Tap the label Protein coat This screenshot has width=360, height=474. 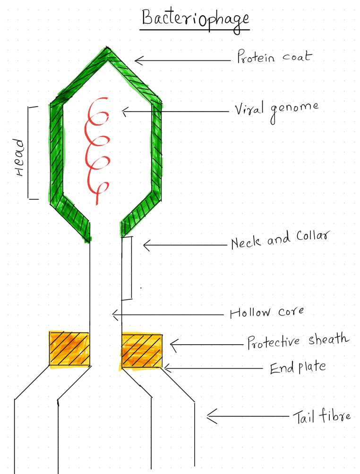click(274, 56)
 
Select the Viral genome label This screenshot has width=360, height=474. click(276, 110)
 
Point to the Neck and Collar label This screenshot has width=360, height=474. click(280, 240)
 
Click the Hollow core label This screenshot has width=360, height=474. click(267, 312)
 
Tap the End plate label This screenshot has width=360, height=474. click(298, 367)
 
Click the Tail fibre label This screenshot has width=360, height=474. click(322, 416)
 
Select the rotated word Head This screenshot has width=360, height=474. click(19, 157)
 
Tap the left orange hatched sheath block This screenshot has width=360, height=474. click(69, 349)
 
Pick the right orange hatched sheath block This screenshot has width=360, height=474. click(142, 351)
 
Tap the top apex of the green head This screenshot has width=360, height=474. click(107, 48)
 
